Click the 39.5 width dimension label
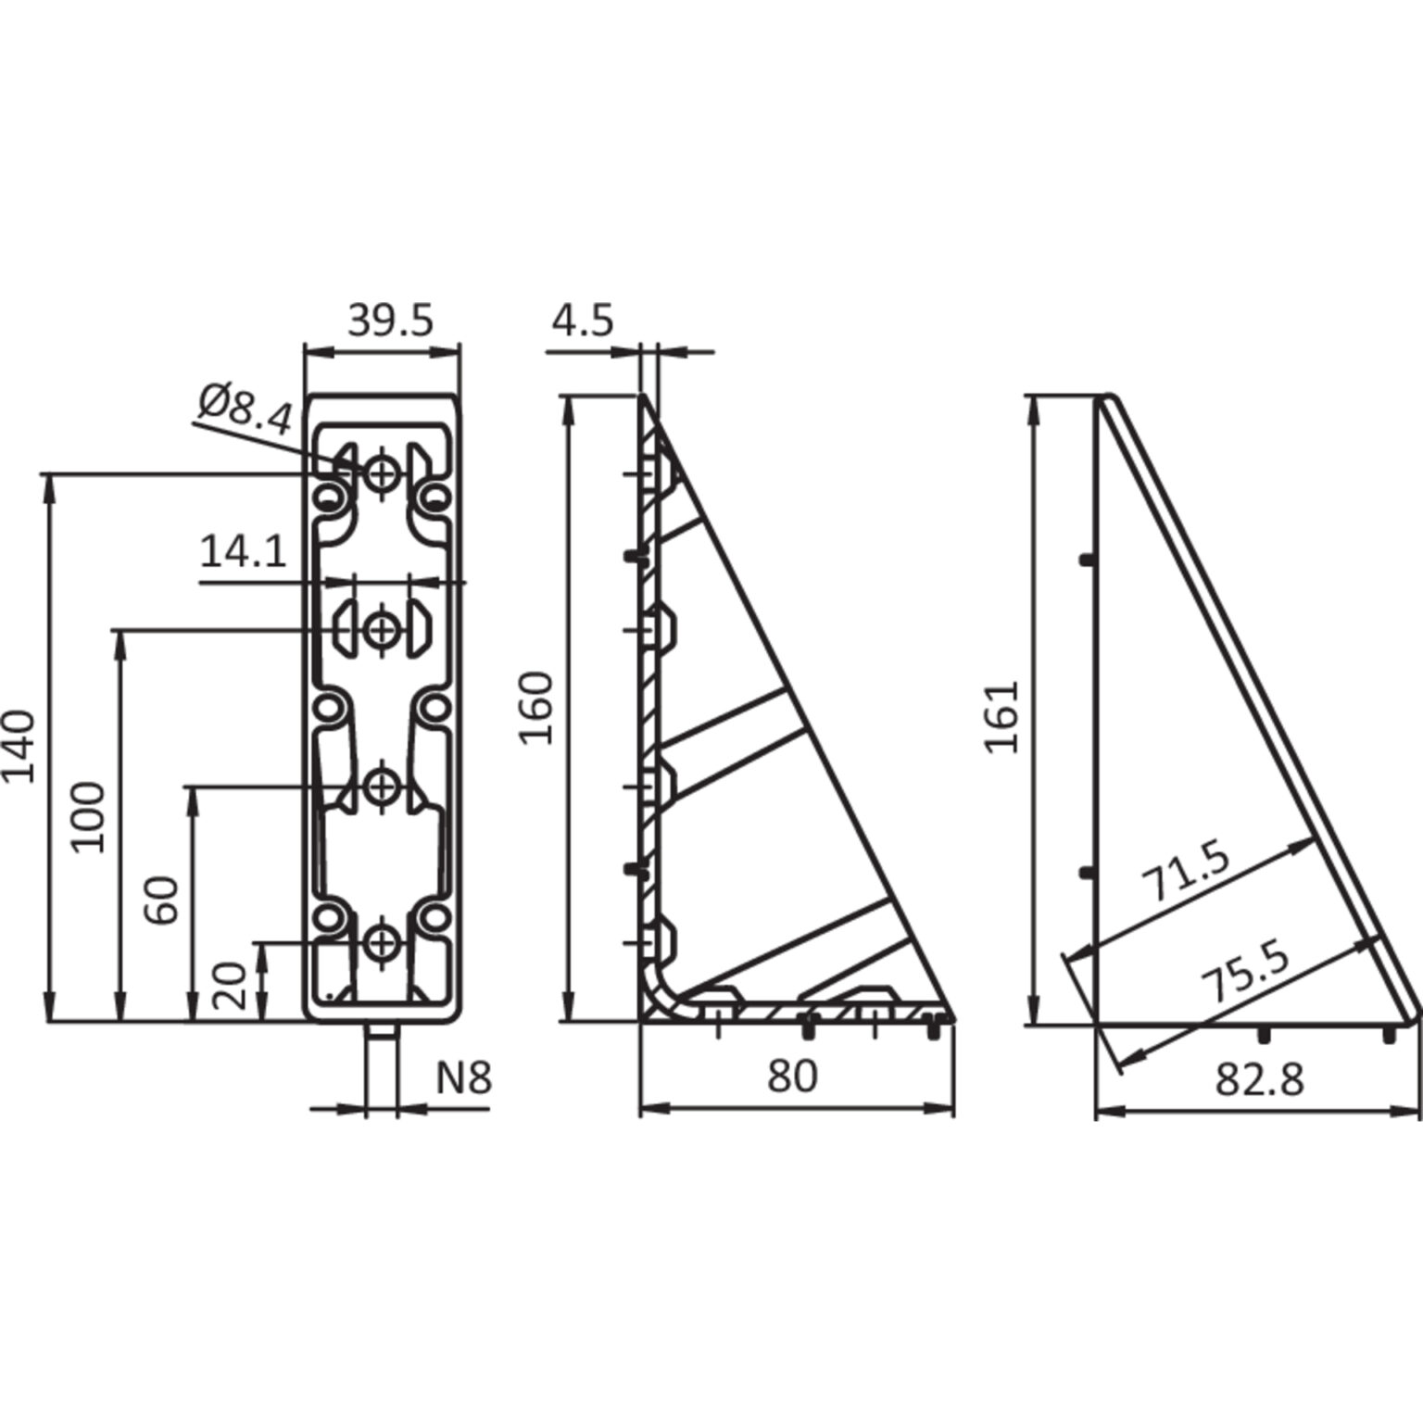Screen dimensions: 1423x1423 click(390, 321)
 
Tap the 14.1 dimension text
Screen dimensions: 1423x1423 click(243, 553)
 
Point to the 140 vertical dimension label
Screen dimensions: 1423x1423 click(19, 747)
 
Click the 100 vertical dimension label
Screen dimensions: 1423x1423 click(91, 816)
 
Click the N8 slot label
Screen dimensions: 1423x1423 click(464, 1078)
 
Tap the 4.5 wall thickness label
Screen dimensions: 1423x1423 click(583, 321)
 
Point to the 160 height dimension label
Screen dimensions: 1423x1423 click(536, 709)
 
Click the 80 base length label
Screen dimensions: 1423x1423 click(793, 1077)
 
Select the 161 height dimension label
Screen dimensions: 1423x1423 click(1002, 717)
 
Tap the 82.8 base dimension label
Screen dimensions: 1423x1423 click(1259, 1078)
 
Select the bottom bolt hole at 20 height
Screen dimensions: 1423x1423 click(381, 944)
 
